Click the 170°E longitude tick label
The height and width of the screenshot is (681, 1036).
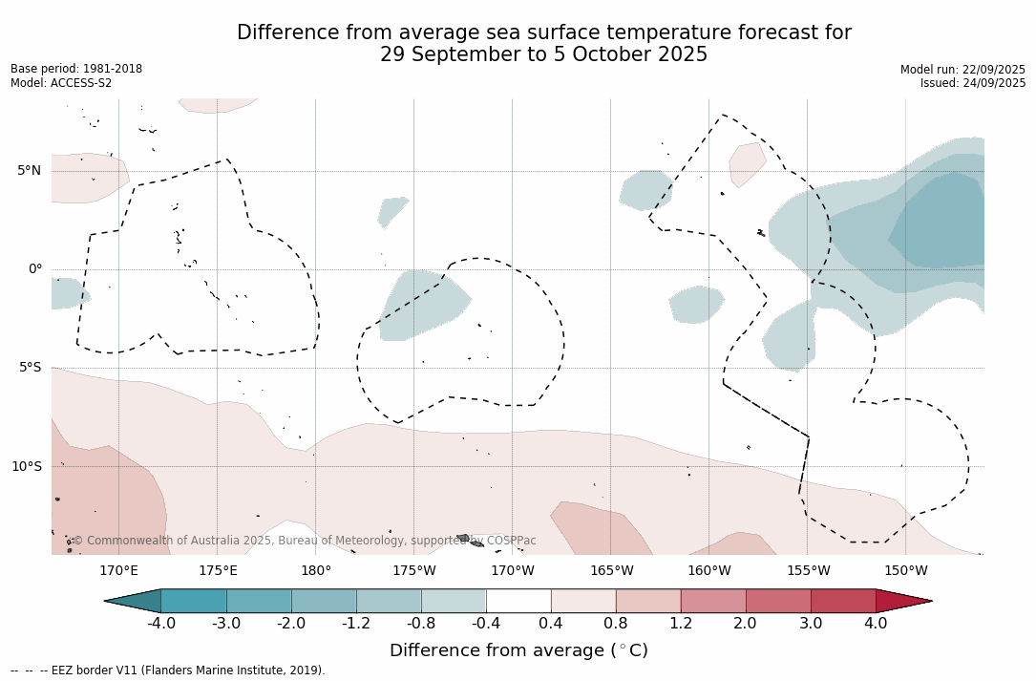pyautogui.click(x=118, y=571)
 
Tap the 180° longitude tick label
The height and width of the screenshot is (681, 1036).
pyautogui.click(x=316, y=571)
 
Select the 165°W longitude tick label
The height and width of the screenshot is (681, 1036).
pyautogui.click(x=611, y=571)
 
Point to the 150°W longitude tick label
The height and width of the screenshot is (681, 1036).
pyautogui.click(x=905, y=571)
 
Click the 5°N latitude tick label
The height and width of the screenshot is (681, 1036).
pyautogui.click(x=29, y=171)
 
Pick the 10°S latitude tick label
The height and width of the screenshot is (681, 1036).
pyautogui.click(x=26, y=467)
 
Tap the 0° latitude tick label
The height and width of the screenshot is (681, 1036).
pyautogui.click(x=34, y=269)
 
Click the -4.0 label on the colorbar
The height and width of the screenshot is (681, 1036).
pyautogui.click(x=160, y=624)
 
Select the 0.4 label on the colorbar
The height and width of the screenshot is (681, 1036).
pyautogui.click(x=551, y=624)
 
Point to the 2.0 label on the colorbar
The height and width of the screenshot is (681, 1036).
pyautogui.click(x=745, y=624)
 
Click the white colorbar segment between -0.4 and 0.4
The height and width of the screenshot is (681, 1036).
pyautogui.click(x=518, y=601)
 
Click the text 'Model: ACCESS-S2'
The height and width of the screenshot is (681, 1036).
pyautogui.click(x=61, y=83)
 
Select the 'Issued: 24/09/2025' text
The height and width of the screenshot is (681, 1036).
pyautogui.click(x=973, y=83)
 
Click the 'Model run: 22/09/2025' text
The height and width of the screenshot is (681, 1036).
pyautogui.click(x=962, y=70)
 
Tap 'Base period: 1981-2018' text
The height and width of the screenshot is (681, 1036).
pyautogui.click(x=76, y=69)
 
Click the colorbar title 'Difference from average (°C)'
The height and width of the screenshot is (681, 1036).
pyautogui.click(x=518, y=651)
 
